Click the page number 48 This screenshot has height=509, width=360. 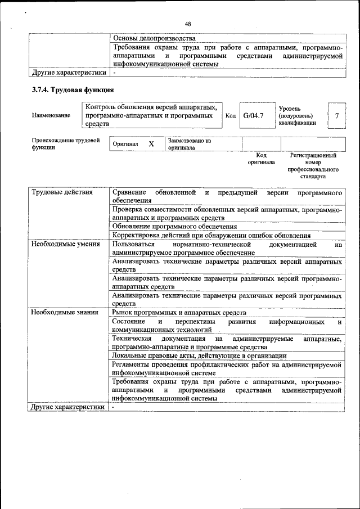[x=188, y=24]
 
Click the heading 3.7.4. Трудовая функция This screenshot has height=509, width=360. [x=73, y=90]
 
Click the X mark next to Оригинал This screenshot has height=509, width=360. [x=151, y=144]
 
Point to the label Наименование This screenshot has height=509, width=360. [x=51, y=115]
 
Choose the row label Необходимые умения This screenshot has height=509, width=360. [x=65, y=244]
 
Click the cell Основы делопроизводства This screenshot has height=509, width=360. [x=154, y=38]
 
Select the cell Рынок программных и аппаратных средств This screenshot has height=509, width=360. [x=179, y=312]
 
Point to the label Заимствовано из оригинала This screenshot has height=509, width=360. [x=189, y=144]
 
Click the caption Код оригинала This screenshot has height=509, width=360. [x=261, y=158]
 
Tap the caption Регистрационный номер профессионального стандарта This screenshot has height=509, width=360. [x=313, y=165]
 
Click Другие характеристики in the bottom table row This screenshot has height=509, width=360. [x=68, y=407]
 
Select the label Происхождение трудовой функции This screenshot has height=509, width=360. [x=65, y=144]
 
